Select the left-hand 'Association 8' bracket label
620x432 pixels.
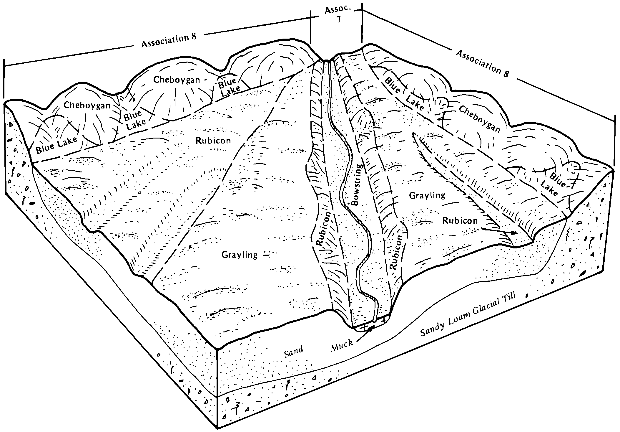(x=169, y=41)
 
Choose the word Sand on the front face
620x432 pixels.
(x=293, y=352)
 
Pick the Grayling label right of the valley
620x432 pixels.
(x=427, y=195)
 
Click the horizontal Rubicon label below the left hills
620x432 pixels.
(x=213, y=141)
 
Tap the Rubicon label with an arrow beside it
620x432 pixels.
(x=460, y=220)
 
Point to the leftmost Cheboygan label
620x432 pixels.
(x=87, y=106)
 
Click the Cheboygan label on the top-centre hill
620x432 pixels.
(x=177, y=80)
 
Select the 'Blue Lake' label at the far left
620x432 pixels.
(x=56, y=145)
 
